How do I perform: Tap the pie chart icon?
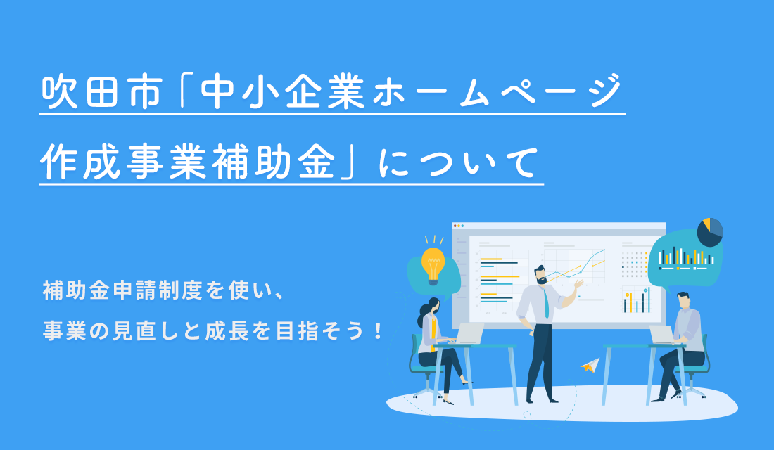coord(710,231)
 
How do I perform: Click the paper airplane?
coord(590,365)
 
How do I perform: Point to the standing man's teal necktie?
coord(547,303)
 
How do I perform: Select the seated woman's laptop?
coord(468,333)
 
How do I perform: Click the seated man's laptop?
coord(662,335)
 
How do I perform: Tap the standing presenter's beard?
coord(543,281)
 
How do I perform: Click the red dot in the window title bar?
coord(455,226)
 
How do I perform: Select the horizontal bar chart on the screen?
coord(499,278)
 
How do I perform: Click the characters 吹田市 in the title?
coord(101,92)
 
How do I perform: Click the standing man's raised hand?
coord(578,284)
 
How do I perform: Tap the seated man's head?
coord(684,300)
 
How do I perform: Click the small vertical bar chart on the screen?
coord(636,300)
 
